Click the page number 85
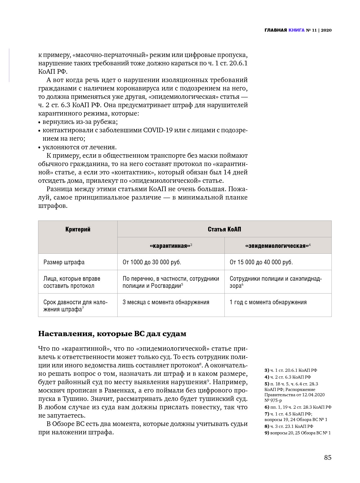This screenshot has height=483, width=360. point(327,458)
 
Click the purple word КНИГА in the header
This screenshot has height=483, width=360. point(296,30)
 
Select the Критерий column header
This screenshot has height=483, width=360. point(78,230)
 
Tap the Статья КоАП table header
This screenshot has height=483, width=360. point(224,230)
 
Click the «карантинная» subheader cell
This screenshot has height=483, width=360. point(171,246)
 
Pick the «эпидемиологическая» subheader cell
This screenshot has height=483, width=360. point(278,246)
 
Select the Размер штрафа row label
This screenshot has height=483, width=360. point(64,262)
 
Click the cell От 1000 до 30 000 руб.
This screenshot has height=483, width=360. point(152,262)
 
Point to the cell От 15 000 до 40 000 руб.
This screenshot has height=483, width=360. point(261,262)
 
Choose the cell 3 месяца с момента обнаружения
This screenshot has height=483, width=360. point(166,302)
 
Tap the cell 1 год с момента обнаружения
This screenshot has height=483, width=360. point(268,302)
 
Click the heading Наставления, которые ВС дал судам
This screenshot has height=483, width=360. point(112,334)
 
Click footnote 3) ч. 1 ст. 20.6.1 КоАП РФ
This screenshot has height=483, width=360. point(291,370)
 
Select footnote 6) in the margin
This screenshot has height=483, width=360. point(298,407)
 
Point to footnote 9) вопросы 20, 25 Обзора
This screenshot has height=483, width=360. point(297,433)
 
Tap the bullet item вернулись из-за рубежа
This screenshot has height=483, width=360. point(80,122)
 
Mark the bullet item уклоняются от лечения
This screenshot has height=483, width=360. point(79,147)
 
